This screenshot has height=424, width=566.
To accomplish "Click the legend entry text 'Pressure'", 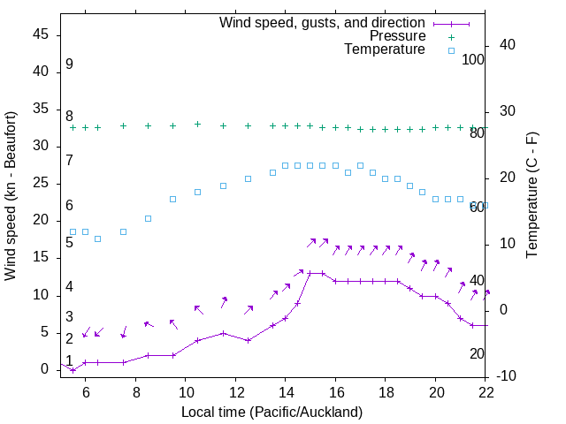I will [397, 36].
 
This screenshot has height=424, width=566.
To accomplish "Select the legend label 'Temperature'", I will [385, 49].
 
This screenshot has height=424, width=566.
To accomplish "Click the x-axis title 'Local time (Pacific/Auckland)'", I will [272, 412].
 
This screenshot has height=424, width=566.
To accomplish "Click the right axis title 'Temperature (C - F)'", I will [532, 196].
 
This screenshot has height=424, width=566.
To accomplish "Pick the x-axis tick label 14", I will [286, 395].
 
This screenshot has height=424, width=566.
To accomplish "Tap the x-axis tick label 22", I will [486, 395].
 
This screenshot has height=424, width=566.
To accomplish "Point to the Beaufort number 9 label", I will [69, 64].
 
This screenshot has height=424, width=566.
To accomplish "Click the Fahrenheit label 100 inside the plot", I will [473, 60].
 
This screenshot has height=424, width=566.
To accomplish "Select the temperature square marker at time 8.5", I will [148, 218].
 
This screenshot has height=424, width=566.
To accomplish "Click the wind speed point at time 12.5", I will [248, 340].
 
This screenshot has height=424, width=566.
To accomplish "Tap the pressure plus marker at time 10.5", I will [197, 125].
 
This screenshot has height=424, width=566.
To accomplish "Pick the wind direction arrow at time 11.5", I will [225, 302].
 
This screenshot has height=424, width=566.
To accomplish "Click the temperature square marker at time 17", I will [360, 165].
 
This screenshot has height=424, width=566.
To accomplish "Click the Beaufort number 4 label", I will [69, 287].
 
